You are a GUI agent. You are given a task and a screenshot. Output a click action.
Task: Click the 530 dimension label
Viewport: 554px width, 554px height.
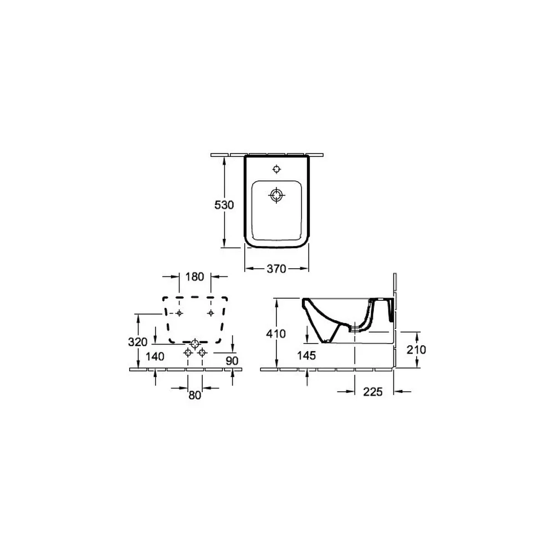224,205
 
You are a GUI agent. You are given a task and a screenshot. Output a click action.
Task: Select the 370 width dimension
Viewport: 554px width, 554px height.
276,269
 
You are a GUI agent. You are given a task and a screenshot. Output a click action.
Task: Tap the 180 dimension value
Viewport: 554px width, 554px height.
195,276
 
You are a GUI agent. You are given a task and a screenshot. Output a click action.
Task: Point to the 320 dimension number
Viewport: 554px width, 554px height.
138,342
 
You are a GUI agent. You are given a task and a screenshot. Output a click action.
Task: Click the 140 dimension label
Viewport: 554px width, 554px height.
155,357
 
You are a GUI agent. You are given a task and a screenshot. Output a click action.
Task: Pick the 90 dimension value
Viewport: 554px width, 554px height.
232,361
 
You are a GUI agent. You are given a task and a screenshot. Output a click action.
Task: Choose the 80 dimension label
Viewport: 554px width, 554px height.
194,395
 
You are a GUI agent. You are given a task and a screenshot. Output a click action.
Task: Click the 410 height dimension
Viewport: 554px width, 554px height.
276,334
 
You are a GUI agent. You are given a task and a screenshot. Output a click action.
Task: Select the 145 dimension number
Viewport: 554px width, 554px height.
306,356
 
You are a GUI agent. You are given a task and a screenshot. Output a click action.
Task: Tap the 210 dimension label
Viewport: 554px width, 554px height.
416,350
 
